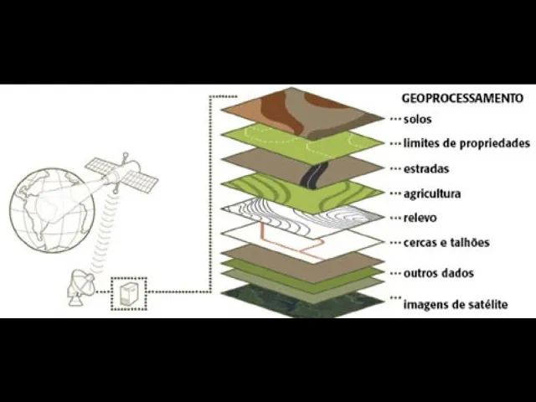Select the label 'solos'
[417, 120]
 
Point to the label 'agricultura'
[431, 193]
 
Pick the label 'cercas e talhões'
[446, 243]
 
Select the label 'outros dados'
[438, 273]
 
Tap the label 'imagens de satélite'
[456, 304]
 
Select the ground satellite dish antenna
[82, 287]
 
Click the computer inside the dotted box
[129, 294]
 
